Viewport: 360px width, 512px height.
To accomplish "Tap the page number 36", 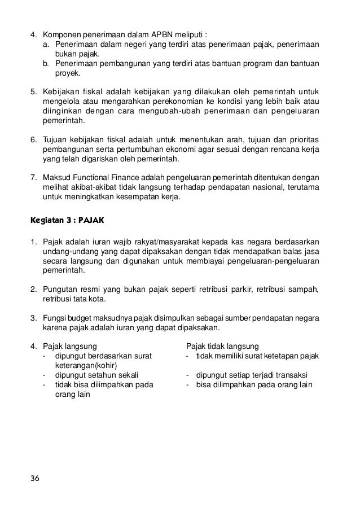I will coord(36,479).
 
